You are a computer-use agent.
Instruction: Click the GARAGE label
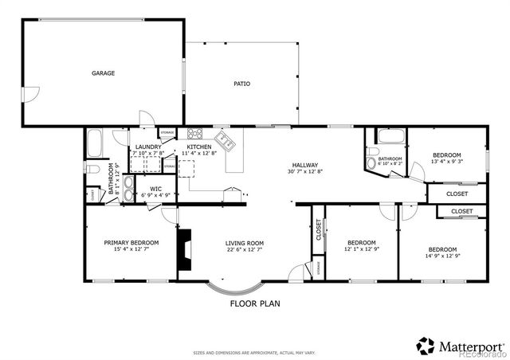[x=103, y=73]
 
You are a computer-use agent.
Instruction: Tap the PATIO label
[x=242, y=84]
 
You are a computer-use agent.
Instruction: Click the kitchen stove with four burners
[x=194, y=134]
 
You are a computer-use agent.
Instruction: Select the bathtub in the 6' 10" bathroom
[x=391, y=136]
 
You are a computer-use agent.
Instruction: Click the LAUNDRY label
[x=148, y=147]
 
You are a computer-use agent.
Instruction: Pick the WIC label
[x=155, y=189]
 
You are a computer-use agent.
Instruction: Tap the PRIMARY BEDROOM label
[x=131, y=243]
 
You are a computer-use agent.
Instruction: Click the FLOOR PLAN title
[x=255, y=303]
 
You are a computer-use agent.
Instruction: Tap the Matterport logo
[x=461, y=346]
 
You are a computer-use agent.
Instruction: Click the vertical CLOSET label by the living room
[x=318, y=229]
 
